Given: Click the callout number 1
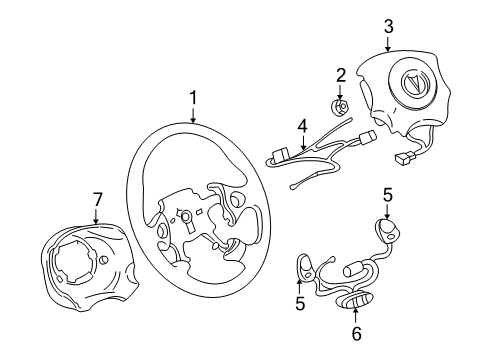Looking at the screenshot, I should tap(195, 97).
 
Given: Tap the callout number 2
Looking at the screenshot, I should tap(341, 74).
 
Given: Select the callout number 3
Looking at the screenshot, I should tap(388, 26).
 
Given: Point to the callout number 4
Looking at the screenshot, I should tap(301, 127).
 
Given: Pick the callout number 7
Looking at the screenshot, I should tap(97, 198).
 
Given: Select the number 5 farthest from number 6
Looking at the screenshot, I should tap(386, 197).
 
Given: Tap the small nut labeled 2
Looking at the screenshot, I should tap(341, 107).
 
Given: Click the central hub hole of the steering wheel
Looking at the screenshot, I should tap(185, 216).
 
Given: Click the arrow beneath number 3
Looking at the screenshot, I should tap(388, 43).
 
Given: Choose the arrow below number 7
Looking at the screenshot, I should tap(97, 215).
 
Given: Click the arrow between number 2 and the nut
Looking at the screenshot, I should tap(341, 90).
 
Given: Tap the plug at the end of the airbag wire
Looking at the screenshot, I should tap(406, 157).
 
